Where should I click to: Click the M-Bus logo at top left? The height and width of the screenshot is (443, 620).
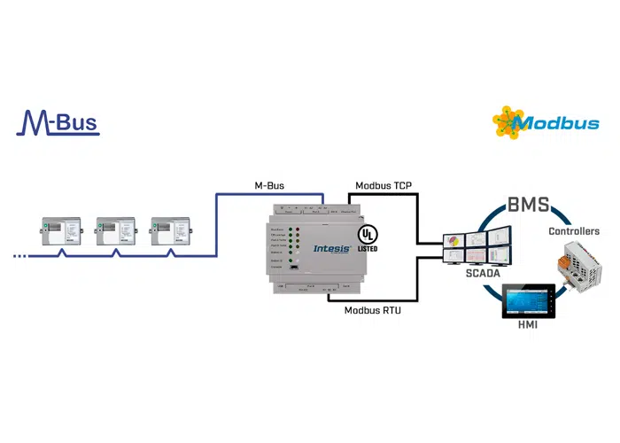[x=58, y=122]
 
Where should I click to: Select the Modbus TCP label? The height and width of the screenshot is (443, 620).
[x=384, y=185]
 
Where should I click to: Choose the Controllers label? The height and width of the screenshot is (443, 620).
[x=574, y=231]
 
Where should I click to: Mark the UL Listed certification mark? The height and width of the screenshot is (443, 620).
[x=367, y=237]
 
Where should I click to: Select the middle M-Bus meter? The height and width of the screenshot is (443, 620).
[x=117, y=232]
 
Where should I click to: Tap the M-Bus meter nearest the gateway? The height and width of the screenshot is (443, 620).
[x=171, y=232]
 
